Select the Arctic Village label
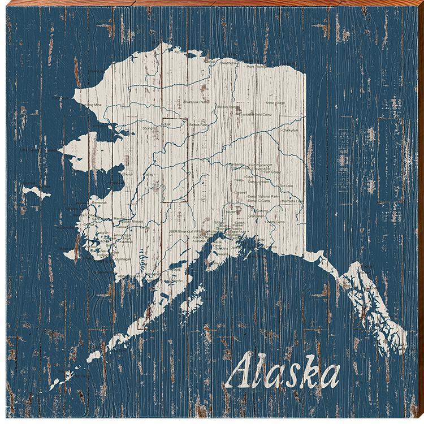coord(278,103)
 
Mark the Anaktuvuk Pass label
coord(196,102)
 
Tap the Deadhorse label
coord(229,63)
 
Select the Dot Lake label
coord(285,185)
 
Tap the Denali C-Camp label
coord(261,201)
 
